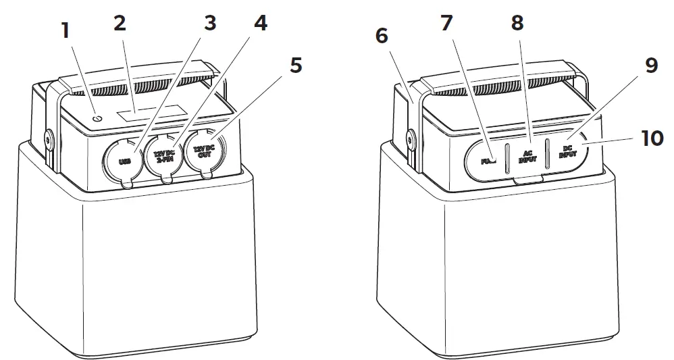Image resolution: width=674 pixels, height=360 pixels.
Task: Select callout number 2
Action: pyautogui.click(x=120, y=24)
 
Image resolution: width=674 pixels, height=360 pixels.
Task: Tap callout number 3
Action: pyautogui.click(x=210, y=24)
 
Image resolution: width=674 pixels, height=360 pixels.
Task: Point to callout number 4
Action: pyautogui.click(x=259, y=24)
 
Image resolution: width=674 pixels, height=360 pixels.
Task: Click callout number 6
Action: pyautogui.click(x=382, y=36)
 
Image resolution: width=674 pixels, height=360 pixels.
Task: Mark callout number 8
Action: pyautogui.click(x=517, y=24)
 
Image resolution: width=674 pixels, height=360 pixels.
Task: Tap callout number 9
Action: pyautogui.click(x=650, y=66)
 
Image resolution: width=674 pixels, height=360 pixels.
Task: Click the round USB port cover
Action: pyautogui.click(x=124, y=161)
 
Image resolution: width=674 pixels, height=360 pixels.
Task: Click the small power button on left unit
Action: pyautogui.click(x=97, y=117)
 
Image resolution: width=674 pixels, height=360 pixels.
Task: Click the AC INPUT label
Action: pyautogui.click(x=527, y=157)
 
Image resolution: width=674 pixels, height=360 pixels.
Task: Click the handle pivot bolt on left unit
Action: pyautogui.click(x=48, y=139)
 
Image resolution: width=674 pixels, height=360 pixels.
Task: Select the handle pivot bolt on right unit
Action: pyautogui.click(x=410, y=139)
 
